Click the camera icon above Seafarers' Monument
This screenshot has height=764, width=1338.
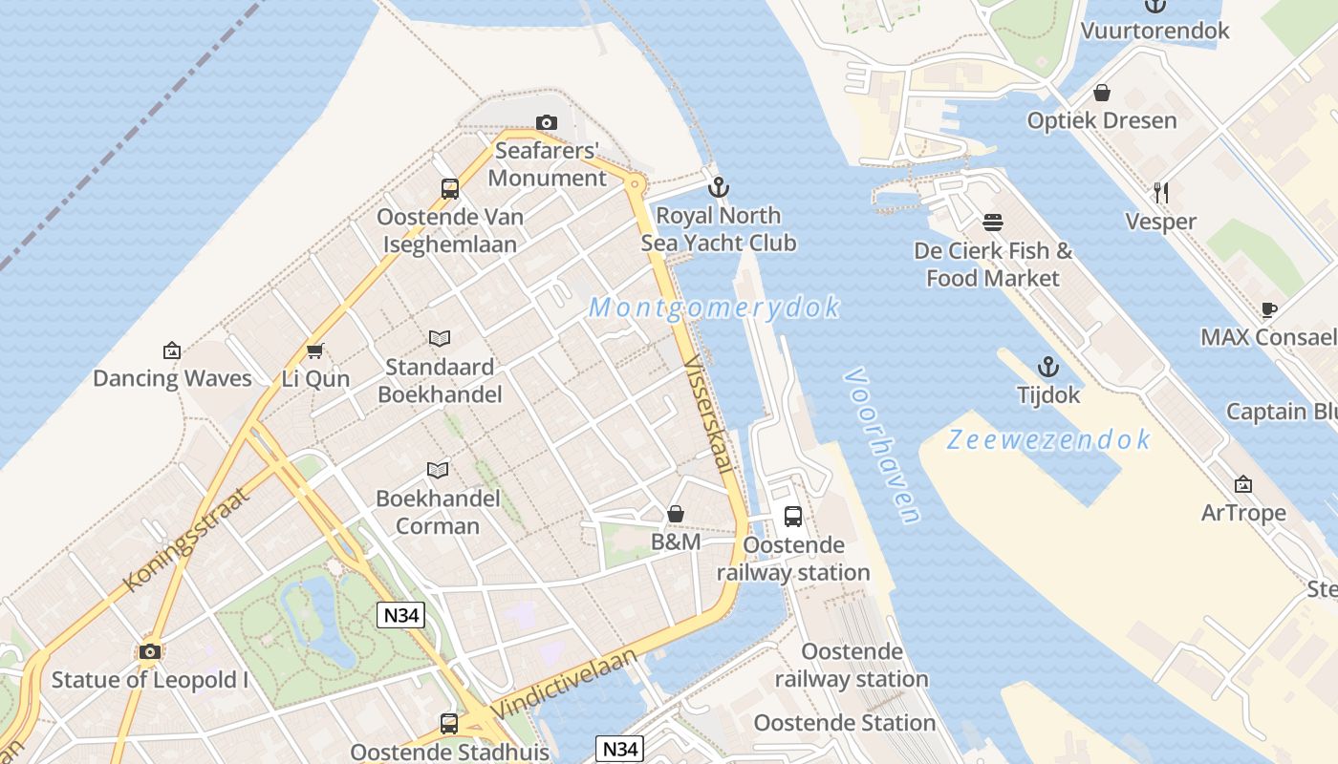(547, 122)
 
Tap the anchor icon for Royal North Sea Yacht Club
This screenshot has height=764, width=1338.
(718, 186)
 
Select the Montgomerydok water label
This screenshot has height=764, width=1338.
(715, 308)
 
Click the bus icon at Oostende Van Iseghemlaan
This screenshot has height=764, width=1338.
(450, 188)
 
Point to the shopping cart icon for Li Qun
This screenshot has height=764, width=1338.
(315, 350)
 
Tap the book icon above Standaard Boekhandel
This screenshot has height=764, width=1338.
(440, 338)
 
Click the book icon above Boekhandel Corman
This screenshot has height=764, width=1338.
(438, 470)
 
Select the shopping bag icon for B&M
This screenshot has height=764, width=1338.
(676, 515)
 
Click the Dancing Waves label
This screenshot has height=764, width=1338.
(172, 378)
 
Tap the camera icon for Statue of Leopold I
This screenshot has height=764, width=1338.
(149, 651)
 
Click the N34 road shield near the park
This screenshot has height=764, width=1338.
(400, 615)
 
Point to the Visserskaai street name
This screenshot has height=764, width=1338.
(709, 416)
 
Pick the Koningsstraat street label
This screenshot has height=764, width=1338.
(185, 539)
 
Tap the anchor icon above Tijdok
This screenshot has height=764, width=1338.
(1048, 367)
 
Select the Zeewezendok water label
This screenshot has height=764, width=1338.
(1048, 439)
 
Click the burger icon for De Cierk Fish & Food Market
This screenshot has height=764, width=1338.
(993, 223)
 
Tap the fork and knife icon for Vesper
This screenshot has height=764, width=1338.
(1161, 193)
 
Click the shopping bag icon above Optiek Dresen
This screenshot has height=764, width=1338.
(1102, 93)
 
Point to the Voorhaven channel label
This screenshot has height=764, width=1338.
(882, 446)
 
